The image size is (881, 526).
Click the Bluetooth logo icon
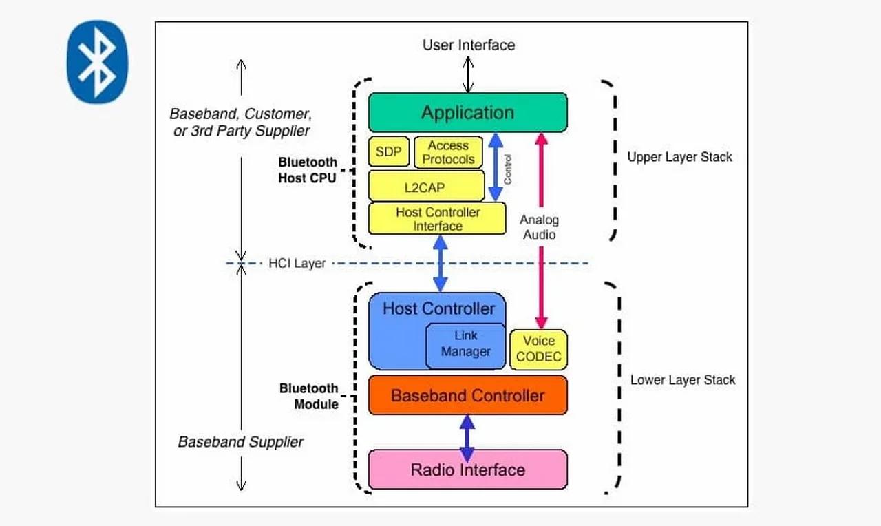click(97, 62)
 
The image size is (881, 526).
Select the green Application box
click(467, 112)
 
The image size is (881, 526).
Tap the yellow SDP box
click(389, 151)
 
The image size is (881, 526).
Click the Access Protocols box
click(448, 152)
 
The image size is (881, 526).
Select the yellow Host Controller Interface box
click(437, 219)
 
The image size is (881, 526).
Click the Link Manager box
click(465, 344)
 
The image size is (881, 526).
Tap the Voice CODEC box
click(538, 349)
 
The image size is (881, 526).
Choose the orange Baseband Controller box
click(467, 395)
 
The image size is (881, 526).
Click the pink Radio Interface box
click(467, 470)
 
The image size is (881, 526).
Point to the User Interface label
click(468, 45)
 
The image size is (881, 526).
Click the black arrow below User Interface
click(468, 74)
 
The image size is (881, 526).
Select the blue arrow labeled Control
click(495, 167)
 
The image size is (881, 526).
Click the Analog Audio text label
click(539, 227)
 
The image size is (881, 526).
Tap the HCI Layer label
click(297, 263)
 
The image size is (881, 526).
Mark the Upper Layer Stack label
click(679, 157)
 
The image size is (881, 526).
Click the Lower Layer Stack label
click(683, 380)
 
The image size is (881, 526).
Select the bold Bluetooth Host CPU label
click(307, 170)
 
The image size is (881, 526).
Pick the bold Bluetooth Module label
click(308, 396)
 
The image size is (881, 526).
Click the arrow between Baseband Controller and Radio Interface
click(467, 438)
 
